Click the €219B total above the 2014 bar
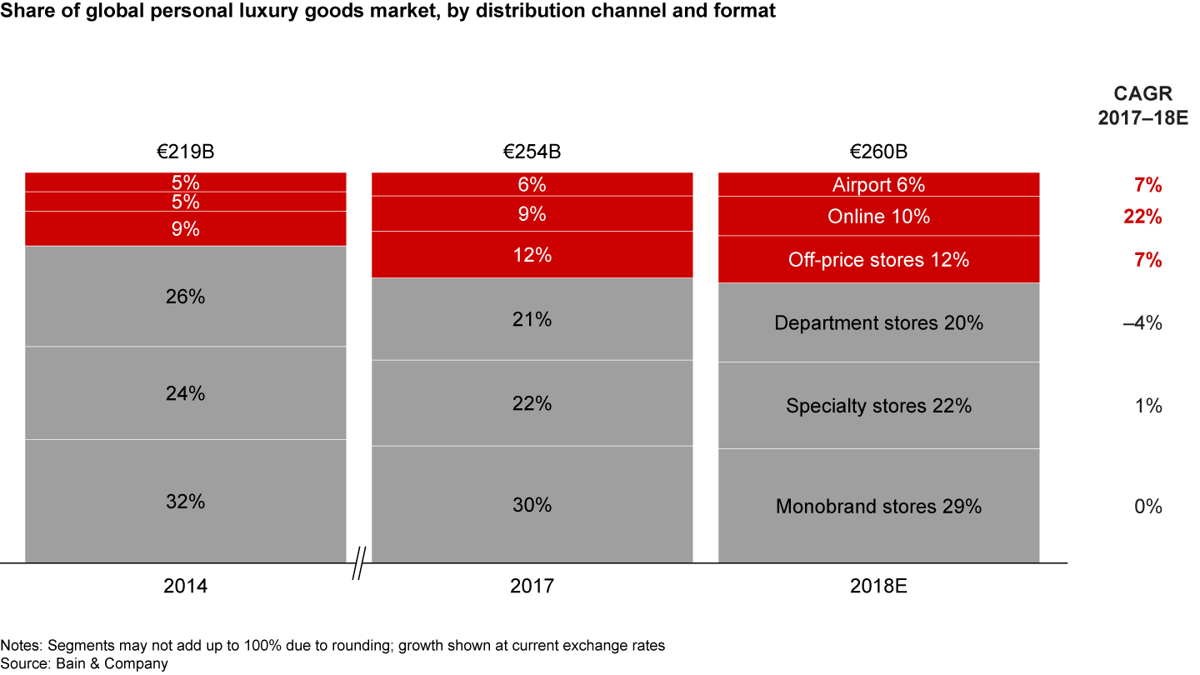tap(185, 152)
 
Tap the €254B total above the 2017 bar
tap(532, 152)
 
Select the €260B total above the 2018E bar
tap(878, 152)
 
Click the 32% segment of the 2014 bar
tap(185, 502)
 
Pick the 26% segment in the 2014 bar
tap(185, 296)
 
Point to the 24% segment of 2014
tap(185, 392)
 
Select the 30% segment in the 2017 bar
tap(532, 505)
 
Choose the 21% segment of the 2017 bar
tap(532, 319)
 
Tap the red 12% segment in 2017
tap(532, 255)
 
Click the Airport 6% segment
tap(878, 185)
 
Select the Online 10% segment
tap(878, 217)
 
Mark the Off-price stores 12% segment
tap(878, 260)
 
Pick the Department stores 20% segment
tap(878, 322)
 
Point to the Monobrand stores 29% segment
tap(878, 506)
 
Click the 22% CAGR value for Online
tap(1142, 217)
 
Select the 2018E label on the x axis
tap(878, 587)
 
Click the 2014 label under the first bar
tap(185, 587)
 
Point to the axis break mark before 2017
tap(359, 563)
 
